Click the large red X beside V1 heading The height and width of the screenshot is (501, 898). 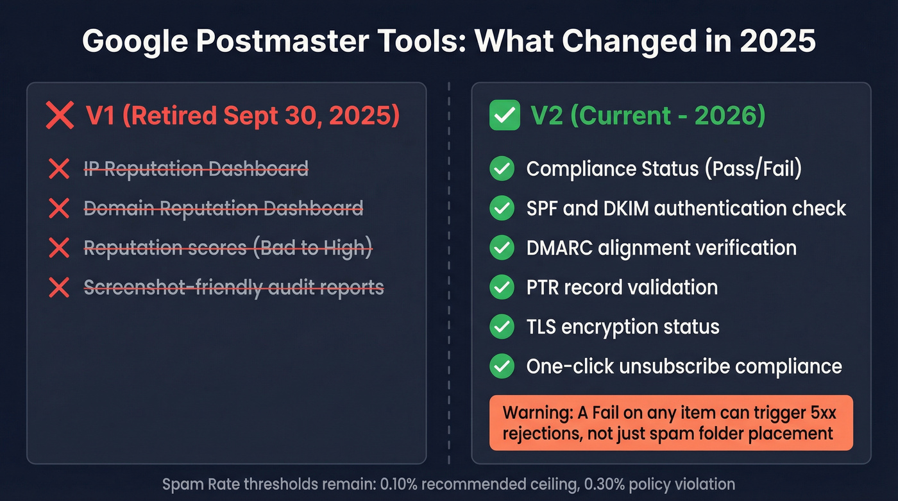click(x=60, y=117)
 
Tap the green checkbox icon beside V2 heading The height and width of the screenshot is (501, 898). click(x=504, y=116)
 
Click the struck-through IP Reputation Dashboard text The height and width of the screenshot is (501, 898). click(x=196, y=169)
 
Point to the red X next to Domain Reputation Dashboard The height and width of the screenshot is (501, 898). click(x=59, y=208)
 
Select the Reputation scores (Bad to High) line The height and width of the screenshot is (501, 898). click(x=228, y=248)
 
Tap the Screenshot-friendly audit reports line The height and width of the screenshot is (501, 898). click(x=234, y=287)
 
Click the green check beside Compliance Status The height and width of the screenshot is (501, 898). click(x=502, y=169)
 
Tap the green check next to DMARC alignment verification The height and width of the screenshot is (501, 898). click(x=502, y=248)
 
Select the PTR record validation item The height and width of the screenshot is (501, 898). click(x=622, y=287)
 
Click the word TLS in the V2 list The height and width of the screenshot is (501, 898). click(x=541, y=327)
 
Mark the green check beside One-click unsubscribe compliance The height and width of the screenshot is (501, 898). click(x=502, y=366)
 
